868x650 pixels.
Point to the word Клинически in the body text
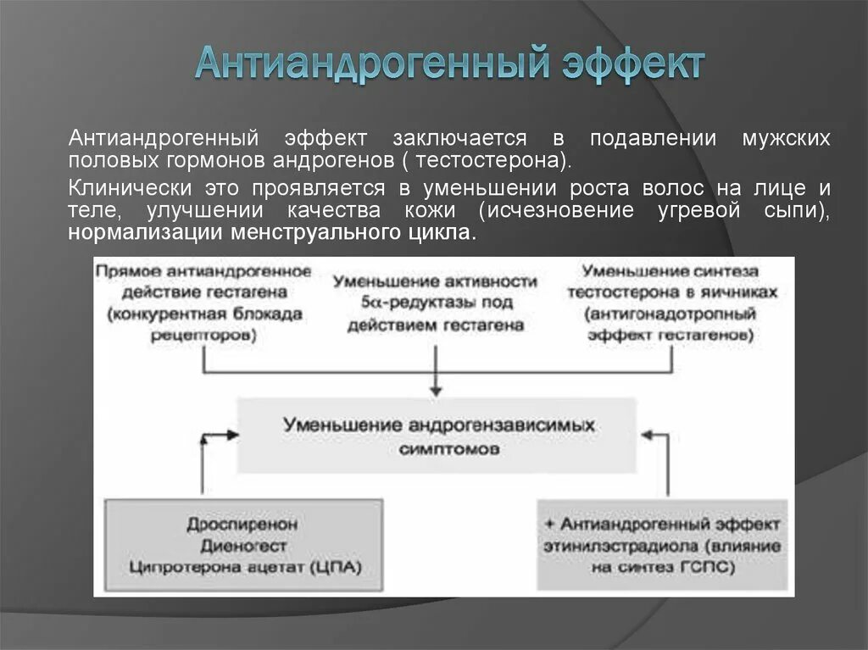123,187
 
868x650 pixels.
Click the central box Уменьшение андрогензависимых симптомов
437,436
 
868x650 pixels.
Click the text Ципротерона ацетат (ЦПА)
242,568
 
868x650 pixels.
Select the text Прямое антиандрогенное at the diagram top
203,271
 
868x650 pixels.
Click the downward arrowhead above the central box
437,390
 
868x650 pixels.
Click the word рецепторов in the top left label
203,335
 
